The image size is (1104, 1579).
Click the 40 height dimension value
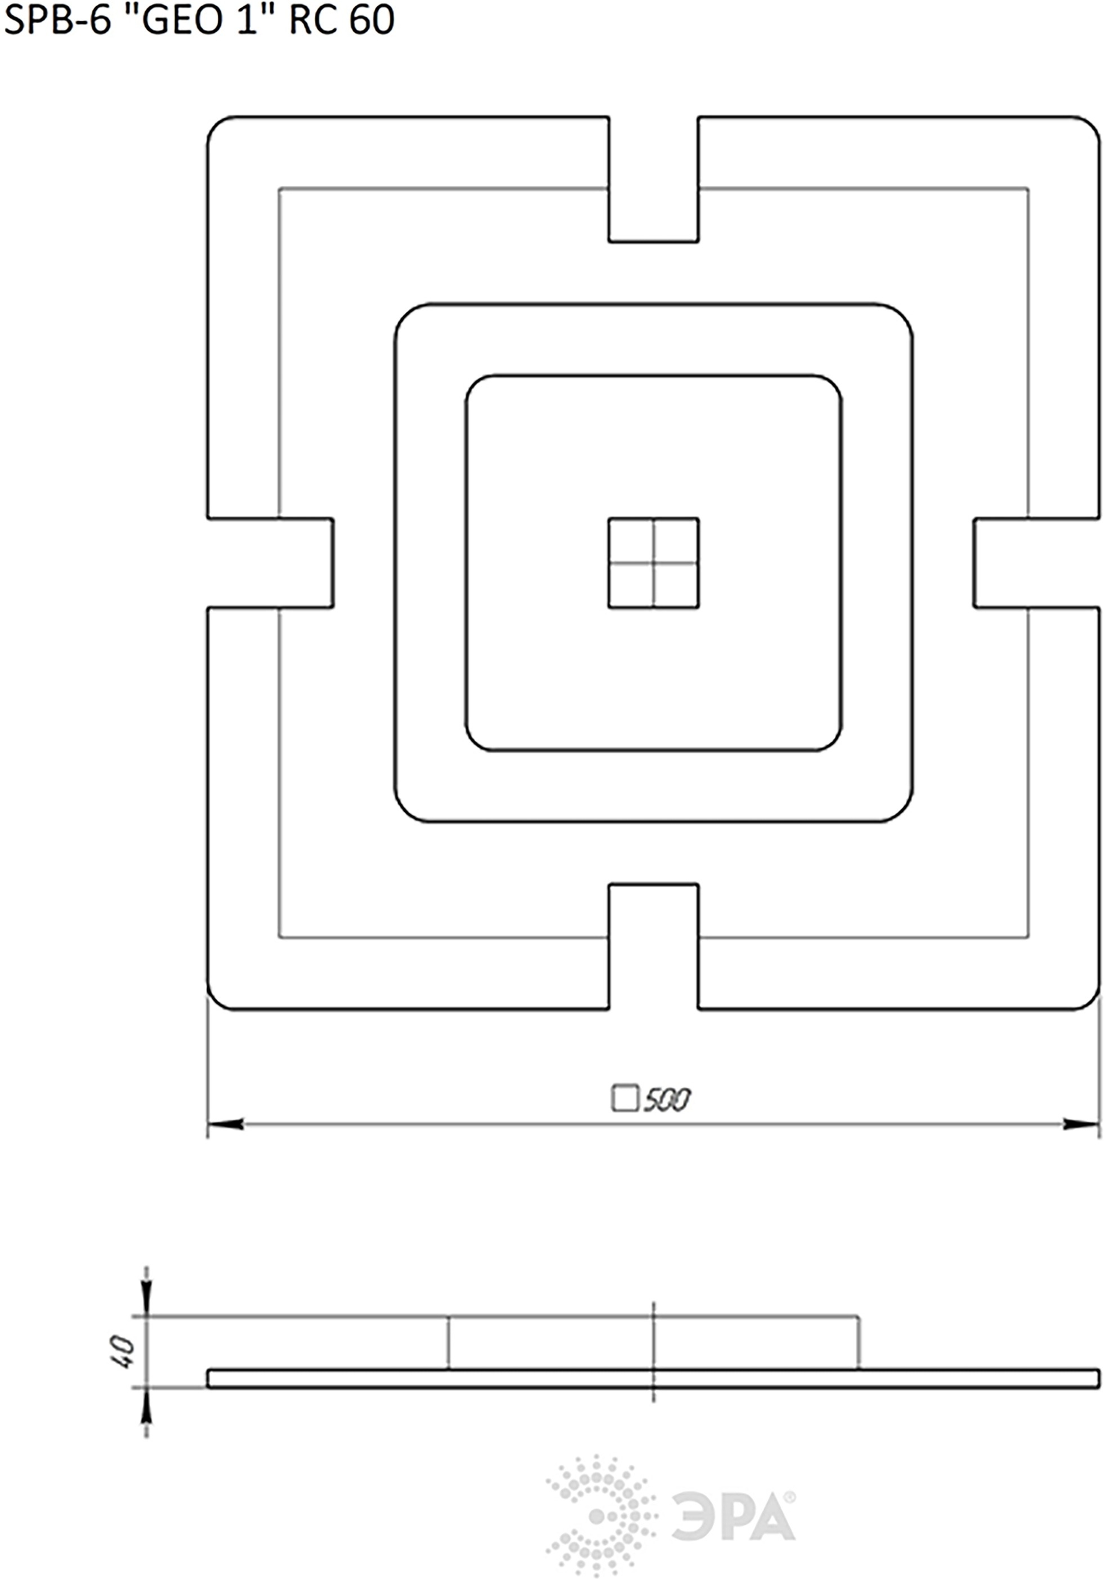[x=123, y=1351]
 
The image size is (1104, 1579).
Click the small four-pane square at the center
[x=653, y=563]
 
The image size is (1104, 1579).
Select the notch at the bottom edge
[x=653, y=947]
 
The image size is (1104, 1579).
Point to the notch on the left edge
[x=270, y=563]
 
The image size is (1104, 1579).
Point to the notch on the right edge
[x=1036, y=563]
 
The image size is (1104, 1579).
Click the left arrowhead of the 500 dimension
[x=226, y=1124]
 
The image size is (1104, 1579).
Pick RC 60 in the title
[x=342, y=19]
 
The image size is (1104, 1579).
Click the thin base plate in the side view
[x=653, y=1378]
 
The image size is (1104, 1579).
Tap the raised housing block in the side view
[x=653, y=1342]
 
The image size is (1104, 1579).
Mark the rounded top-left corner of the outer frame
[x=215, y=124]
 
